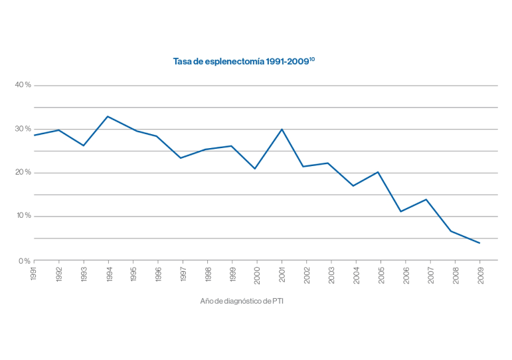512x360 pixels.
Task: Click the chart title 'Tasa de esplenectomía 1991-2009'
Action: click(x=240, y=61)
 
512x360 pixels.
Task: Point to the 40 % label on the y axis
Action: click(x=23, y=85)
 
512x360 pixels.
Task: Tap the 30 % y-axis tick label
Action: click(x=23, y=129)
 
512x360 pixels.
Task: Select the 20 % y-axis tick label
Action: click(x=23, y=173)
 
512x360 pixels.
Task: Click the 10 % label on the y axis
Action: click(x=23, y=216)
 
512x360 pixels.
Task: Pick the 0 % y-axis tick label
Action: click(x=25, y=260)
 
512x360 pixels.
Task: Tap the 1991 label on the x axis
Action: click(x=34, y=274)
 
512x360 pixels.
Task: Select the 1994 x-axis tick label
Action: click(x=108, y=274)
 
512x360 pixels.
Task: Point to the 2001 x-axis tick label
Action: click(x=282, y=274)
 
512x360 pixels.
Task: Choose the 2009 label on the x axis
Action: click(x=479, y=274)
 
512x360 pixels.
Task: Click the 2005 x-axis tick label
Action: click(x=381, y=274)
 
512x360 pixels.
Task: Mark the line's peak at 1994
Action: click(x=108, y=116)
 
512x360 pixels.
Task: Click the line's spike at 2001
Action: click(x=282, y=129)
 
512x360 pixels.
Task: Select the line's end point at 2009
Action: click(x=479, y=243)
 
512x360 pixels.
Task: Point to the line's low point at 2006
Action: click(x=400, y=211)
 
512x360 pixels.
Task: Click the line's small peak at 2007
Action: click(x=426, y=199)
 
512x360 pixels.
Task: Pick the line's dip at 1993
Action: click(x=84, y=145)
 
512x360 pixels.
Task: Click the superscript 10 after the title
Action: click(x=312, y=59)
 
